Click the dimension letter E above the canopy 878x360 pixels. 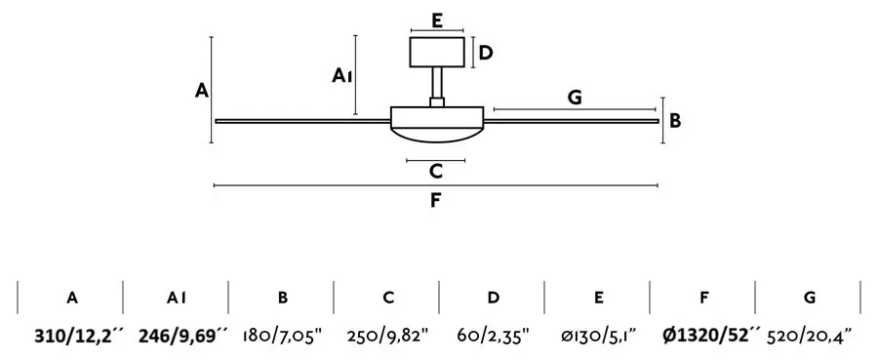tap(437, 20)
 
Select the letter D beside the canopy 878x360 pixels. tap(486, 53)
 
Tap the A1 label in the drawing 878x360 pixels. tap(342, 75)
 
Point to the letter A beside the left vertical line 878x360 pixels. tap(202, 90)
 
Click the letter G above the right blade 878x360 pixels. tap(575, 98)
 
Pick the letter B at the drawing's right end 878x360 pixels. tap(675, 120)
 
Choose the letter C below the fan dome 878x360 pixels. tap(436, 171)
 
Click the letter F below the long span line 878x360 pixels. tap(436, 200)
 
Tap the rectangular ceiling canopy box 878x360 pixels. tap(437, 52)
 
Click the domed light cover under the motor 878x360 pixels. tap(437, 135)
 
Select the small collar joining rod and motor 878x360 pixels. tap(437, 102)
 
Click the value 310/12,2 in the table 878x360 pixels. tap(78, 336)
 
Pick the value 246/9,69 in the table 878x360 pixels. tap(183, 336)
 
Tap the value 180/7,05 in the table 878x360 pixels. tap(283, 336)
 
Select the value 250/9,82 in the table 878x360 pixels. tap(387, 336)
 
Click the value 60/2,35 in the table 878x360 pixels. tap(494, 336)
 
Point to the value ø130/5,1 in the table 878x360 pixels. tap(599, 336)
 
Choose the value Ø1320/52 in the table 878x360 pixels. tap(712, 336)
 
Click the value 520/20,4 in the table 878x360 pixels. tap(810, 336)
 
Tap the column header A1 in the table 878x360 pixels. tap(176, 298)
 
